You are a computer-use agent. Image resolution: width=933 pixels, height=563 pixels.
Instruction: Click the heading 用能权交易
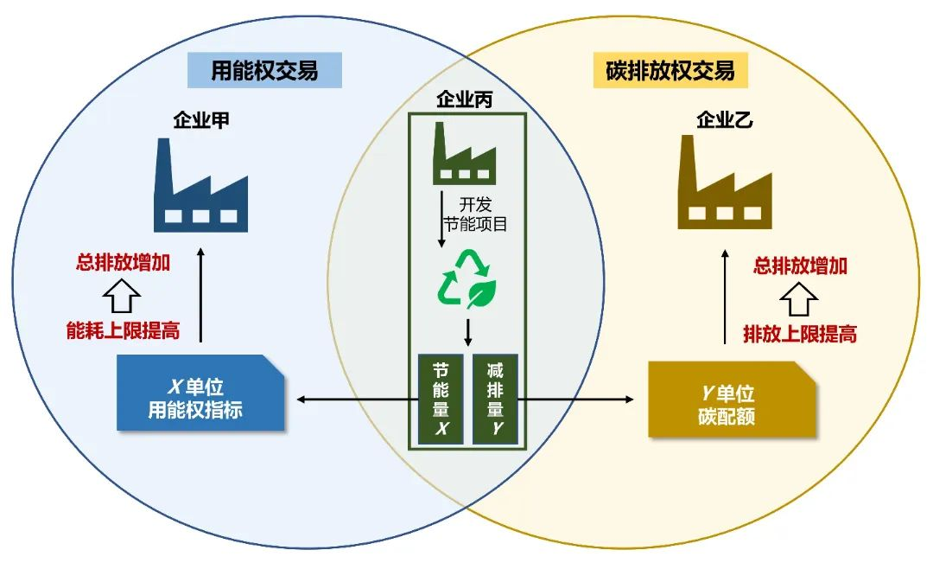pos(264,71)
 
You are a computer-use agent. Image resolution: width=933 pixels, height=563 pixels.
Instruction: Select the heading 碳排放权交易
pos(670,71)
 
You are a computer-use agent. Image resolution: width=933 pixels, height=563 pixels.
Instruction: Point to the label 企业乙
pos(725,120)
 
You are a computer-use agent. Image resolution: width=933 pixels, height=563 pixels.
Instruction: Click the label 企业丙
pos(467,100)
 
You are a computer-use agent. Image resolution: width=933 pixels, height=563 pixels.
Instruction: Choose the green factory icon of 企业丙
pos(464,155)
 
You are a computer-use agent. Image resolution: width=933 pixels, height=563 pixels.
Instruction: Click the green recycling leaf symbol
pos(466,279)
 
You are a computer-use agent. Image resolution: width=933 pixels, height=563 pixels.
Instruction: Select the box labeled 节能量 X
pos(441,399)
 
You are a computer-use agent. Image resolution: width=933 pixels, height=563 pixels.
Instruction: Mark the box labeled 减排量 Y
pos(495,399)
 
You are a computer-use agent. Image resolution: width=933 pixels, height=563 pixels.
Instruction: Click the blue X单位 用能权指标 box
pos(200,396)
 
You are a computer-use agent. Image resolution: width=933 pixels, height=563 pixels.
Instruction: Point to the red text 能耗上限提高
pos(123,331)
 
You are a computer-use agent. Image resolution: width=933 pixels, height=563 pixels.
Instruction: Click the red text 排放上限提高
pos(800,334)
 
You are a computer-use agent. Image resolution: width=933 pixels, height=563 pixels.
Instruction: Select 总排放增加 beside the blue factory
pos(123,263)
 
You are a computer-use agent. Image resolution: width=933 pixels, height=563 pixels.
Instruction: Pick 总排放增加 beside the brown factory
pos(800,266)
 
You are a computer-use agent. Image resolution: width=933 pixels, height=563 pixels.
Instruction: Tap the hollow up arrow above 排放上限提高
pos(799,299)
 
